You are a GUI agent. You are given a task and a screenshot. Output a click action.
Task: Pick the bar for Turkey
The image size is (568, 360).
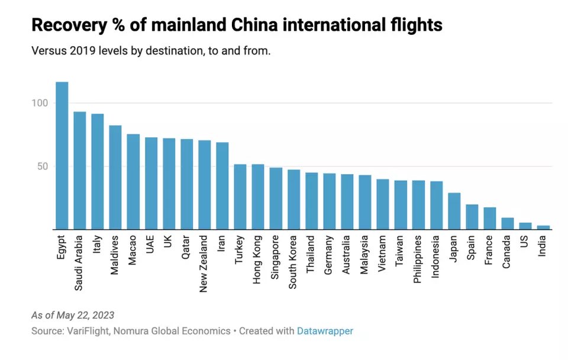pos(240,197)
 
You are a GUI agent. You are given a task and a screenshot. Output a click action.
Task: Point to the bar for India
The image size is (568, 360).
pos(543,227)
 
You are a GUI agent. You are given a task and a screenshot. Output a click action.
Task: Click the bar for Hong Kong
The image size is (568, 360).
pos(258,197)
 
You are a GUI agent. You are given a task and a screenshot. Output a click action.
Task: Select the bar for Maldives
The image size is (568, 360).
pos(115,177)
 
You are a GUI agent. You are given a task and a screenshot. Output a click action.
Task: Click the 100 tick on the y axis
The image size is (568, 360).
pos(39,103)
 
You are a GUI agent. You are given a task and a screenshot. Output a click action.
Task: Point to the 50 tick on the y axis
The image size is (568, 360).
pos(42,166)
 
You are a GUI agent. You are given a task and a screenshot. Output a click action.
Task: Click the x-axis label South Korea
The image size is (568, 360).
pos(293,262)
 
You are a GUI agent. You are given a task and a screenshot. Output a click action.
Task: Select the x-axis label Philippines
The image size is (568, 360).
pos(418,260)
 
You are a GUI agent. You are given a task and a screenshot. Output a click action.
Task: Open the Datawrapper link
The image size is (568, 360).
pos(325,331)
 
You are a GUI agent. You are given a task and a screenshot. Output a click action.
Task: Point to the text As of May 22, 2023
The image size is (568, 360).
pos(73,315)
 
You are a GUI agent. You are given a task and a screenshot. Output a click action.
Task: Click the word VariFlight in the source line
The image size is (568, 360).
pos(91,331)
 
